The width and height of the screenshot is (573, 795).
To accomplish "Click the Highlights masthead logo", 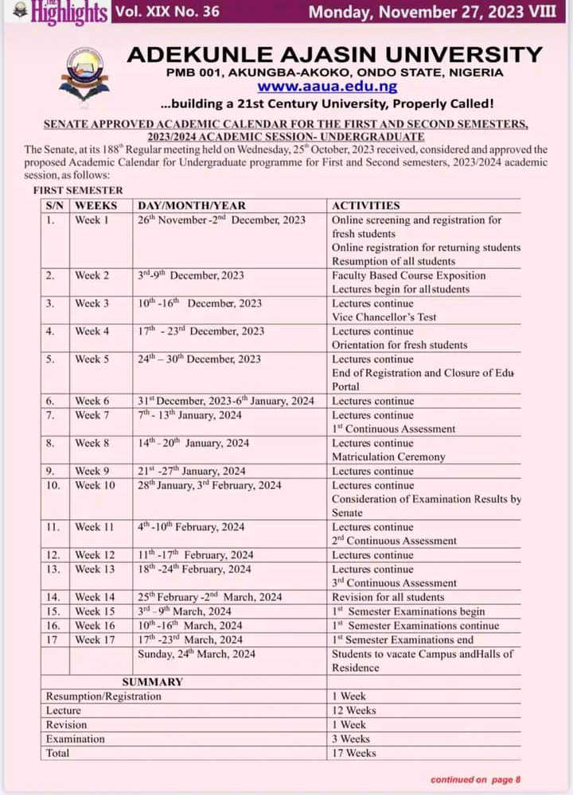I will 57,13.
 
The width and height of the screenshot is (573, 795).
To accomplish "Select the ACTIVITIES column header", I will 365,205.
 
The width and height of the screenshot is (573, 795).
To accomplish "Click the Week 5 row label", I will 92,359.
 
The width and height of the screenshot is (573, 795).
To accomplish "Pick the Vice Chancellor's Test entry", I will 384,317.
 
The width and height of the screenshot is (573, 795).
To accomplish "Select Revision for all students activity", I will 388,597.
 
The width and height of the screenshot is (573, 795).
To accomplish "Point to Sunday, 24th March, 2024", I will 197,653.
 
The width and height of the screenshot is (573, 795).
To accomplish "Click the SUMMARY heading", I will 152,681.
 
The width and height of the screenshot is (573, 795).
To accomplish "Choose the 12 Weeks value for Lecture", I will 354,710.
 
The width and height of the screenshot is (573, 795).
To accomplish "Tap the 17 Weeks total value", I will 354,753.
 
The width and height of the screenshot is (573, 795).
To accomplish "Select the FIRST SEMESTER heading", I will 78,191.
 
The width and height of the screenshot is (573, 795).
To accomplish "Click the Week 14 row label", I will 95,597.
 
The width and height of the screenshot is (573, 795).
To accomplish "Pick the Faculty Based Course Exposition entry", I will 408,275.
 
